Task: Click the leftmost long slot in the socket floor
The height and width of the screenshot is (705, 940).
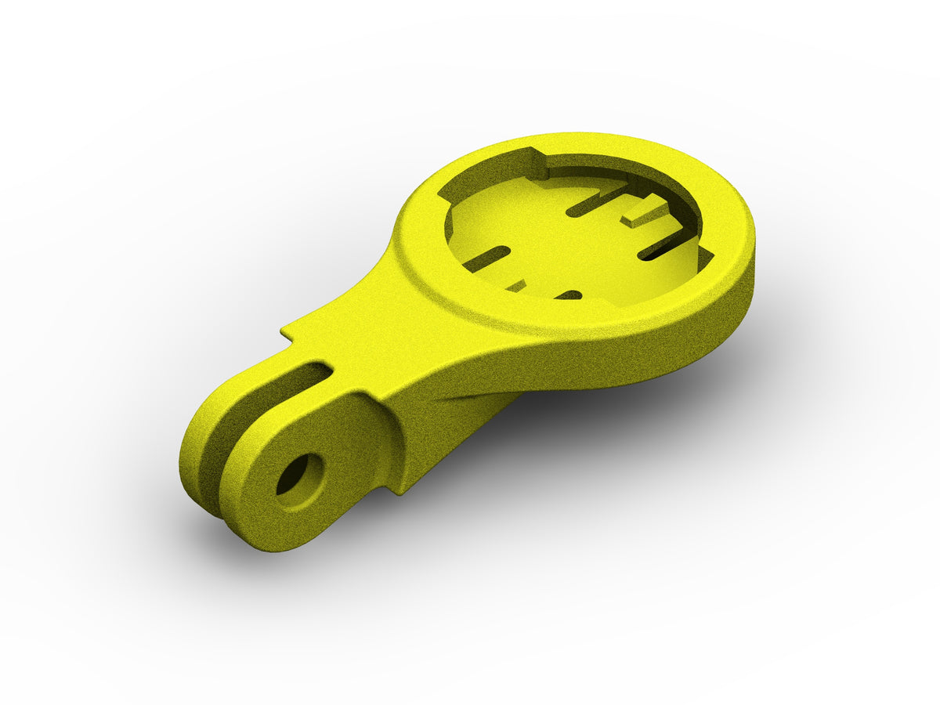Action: [x=487, y=257]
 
